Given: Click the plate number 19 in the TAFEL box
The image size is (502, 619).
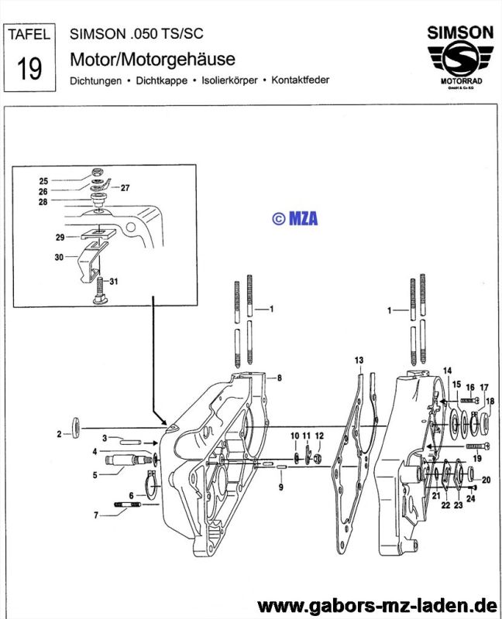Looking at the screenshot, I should pos(29,68).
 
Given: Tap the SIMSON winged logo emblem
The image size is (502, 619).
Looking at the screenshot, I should pos(460,60).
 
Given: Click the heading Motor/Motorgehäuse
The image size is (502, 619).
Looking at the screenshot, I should pos(153,59).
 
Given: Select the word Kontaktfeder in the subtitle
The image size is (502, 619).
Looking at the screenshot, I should pos(302,80).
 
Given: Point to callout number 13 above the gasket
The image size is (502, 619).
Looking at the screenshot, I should pos(359,361).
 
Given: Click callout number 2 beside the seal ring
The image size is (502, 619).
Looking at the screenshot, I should pos(59,435).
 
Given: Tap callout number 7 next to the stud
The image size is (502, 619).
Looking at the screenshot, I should pos(95,515).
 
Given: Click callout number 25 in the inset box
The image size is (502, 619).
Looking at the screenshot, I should pos(44,180).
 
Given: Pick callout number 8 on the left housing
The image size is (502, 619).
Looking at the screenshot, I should pos(279,378).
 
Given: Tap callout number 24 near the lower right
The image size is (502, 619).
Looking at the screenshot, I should pos(471,498).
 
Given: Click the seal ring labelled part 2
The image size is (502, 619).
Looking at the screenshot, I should pos(76,427).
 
